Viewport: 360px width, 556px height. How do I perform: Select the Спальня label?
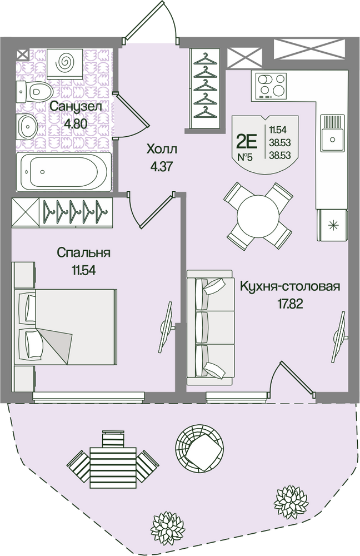(x=84, y=253)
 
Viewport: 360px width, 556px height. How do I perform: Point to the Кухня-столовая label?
(x=289, y=287)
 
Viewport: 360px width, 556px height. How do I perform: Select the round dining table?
(x=258, y=216)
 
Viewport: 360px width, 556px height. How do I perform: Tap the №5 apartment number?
(x=245, y=157)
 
